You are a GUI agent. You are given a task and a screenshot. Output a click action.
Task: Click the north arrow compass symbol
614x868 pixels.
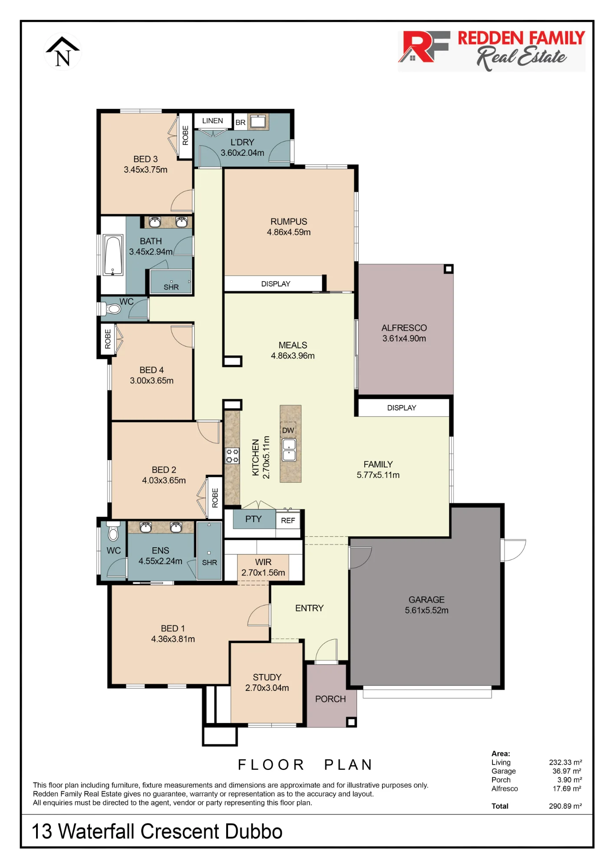tap(63, 52)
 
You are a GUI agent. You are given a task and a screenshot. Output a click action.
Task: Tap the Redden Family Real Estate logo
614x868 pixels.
tap(492, 50)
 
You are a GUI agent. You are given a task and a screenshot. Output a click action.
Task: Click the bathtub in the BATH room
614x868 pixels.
tap(113, 255)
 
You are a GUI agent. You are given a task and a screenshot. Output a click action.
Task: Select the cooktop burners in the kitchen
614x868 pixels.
tap(232, 456)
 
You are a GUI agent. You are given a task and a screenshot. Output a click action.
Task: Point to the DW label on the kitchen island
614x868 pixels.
tap(288, 430)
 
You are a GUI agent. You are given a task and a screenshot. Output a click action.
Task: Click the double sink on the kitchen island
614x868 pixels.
tap(289, 450)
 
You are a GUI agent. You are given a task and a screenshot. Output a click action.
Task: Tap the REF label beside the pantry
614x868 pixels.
tap(288, 520)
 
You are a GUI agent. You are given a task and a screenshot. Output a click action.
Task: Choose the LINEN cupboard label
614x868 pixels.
tap(212, 121)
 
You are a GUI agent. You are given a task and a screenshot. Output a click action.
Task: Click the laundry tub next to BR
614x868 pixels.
tap(258, 122)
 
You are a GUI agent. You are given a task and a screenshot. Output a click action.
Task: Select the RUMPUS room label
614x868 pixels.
tap(289, 221)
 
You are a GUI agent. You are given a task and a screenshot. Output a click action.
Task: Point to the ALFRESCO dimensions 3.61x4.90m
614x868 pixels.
tap(404, 339)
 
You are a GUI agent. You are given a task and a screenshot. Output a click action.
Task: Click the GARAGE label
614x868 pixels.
tap(426, 599)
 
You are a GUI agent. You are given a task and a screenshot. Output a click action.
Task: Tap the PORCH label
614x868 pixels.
tap(330, 699)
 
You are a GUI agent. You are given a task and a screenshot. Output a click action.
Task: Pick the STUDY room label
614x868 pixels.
tap(267, 677)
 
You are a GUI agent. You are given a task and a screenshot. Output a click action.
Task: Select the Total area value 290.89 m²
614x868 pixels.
tap(565, 806)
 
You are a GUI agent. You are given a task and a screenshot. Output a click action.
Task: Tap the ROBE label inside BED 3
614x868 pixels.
tap(185, 135)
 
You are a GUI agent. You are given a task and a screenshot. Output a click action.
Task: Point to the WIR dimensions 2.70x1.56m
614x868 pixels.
tap(263, 572)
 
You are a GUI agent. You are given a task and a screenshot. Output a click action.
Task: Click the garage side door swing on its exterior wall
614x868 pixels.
tap(514, 550)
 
